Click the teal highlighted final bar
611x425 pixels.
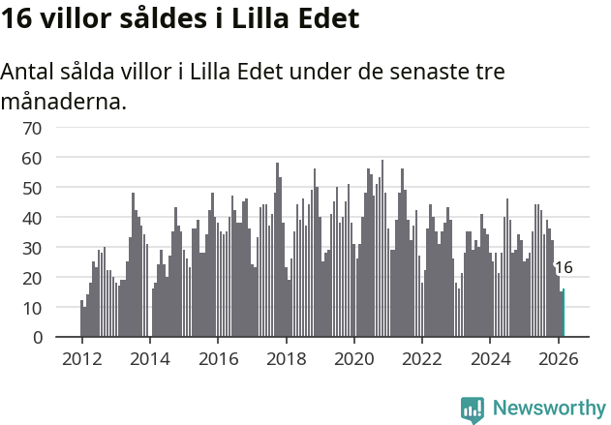(x=564, y=313)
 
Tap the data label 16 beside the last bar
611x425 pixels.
(x=564, y=267)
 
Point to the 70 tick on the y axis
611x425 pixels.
(x=32, y=127)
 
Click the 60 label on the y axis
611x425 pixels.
(x=32, y=157)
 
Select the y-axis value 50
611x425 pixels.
(x=32, y=187)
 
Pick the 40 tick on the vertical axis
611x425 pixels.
(x=32, y=217)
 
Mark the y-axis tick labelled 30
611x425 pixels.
(x=32, y=247)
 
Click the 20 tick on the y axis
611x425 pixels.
(x=32, y=277)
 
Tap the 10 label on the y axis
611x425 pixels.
(x=32, y=307)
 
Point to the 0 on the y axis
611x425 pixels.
(x=37, y=337)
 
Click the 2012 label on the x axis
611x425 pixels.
(x=81, y=357)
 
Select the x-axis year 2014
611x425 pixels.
(x=149, y=357)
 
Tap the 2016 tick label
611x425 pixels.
(x=218, y=357)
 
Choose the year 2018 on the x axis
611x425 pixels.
(x=286, y=357)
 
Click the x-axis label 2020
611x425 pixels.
(x=353, y=357)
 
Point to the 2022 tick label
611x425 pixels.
(x=422, y=357)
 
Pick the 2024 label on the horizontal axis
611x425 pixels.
(x=490, y=357)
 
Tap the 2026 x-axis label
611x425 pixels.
(x=558, y=357)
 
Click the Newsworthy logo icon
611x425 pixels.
(x=473, y=410)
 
